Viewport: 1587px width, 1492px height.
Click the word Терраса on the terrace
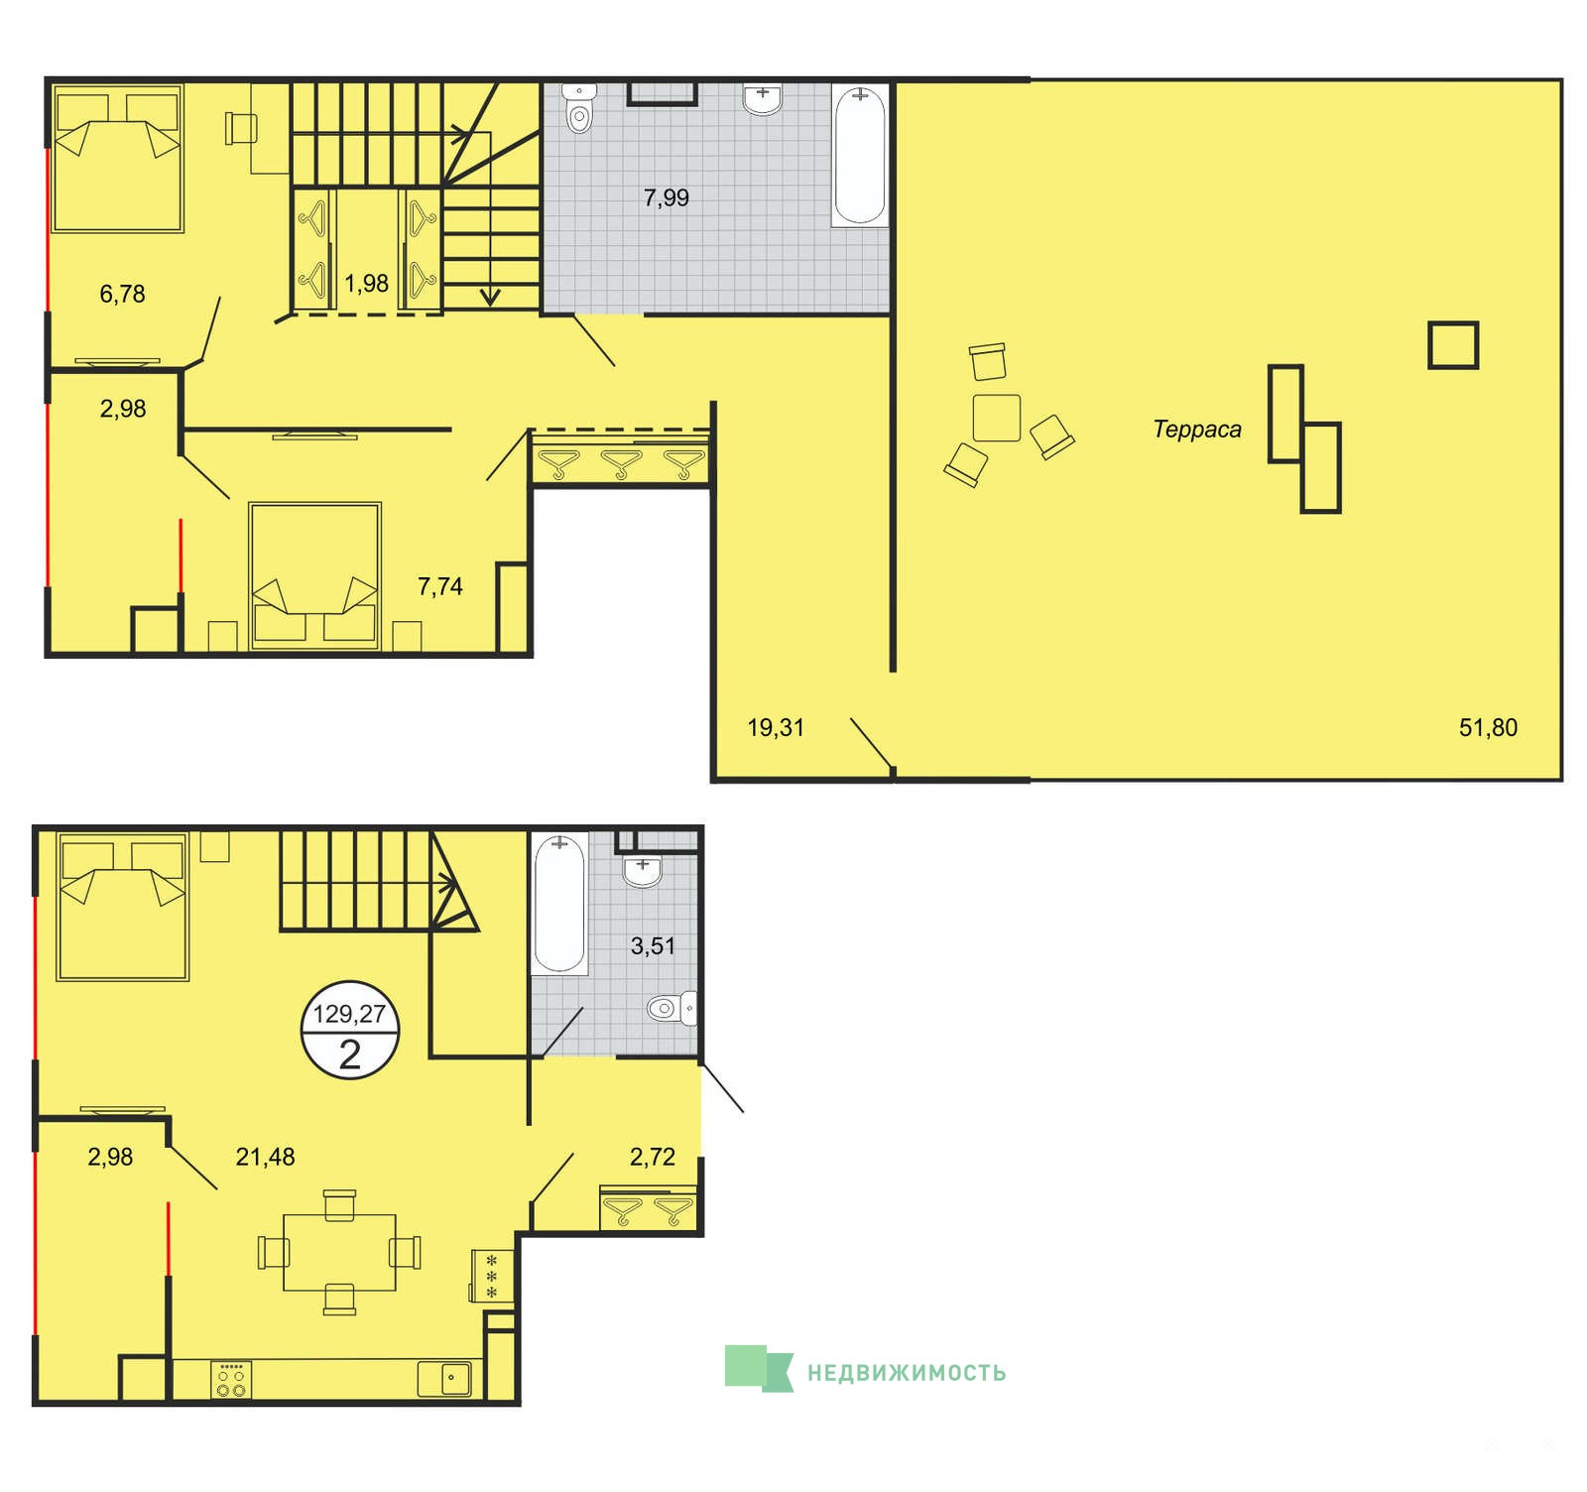1197,430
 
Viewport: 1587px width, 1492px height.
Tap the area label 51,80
1488,727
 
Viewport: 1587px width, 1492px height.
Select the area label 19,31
776,727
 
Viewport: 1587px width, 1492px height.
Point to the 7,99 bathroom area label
667,197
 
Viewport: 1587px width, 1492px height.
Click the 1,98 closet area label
366,284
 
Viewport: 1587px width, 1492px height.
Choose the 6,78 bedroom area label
123,294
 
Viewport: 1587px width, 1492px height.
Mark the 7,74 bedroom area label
440,586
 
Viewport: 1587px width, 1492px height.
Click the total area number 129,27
349,1014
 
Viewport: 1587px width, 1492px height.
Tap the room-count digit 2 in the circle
349,1055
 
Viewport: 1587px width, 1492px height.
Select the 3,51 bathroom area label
653,946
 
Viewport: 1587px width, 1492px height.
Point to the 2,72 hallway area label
653,1157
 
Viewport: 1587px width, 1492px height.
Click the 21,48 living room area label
265,1157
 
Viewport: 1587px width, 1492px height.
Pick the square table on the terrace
997,418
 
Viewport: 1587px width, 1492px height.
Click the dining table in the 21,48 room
339,1252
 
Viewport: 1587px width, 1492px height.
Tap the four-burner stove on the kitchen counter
231,1380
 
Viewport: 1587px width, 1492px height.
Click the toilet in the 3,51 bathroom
671,1009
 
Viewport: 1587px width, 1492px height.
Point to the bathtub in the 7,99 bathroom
859,157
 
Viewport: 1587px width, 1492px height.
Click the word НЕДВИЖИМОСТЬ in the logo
907,1373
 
